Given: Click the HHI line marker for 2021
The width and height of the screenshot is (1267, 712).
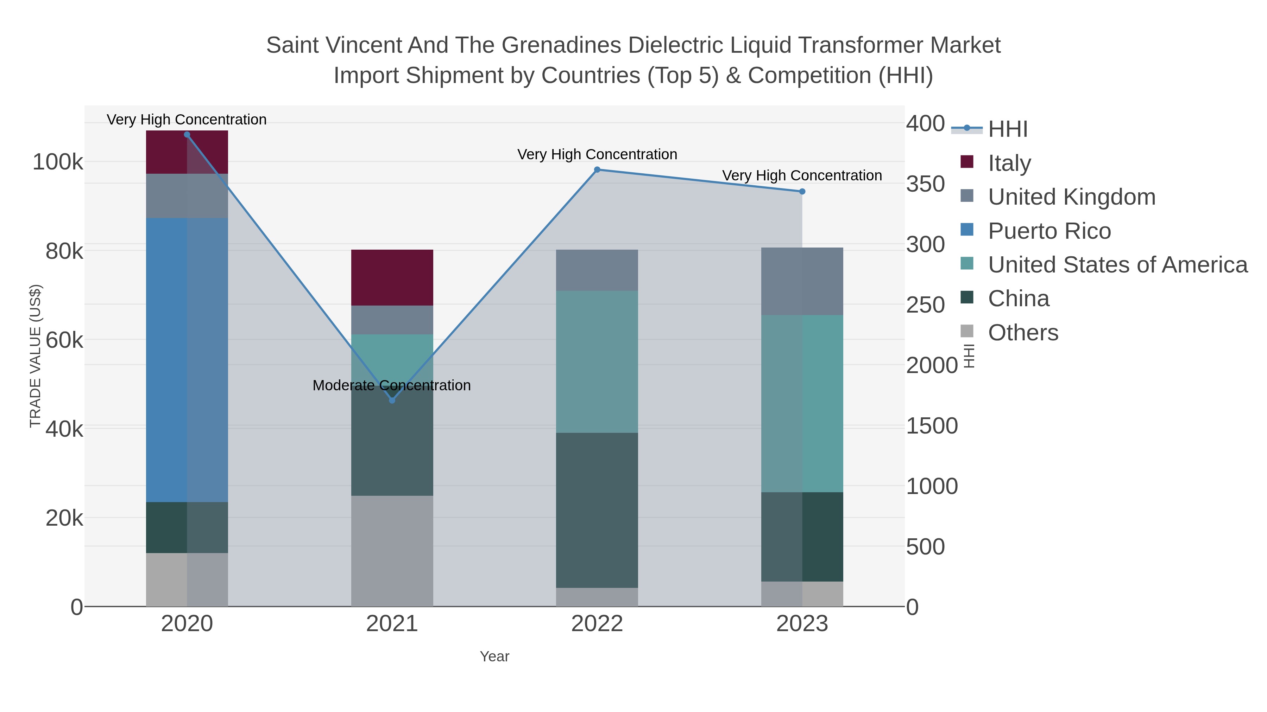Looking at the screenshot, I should pos(392,400).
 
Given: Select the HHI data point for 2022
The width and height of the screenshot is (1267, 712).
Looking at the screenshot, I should pos(597,169).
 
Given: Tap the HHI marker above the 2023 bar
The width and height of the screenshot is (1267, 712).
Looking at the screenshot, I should pos(802,192).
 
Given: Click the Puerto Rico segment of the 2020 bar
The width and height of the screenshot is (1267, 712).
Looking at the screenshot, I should pos(187,360).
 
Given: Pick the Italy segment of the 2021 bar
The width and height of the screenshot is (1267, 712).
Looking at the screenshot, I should pos(392,278).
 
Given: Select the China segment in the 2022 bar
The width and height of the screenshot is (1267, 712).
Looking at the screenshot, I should pos(597,510).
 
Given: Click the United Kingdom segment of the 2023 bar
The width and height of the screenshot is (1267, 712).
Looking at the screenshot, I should pos(802,281).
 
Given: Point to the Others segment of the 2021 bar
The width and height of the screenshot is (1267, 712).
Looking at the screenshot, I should pos(392,550).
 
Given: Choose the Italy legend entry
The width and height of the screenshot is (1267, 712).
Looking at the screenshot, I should pos(1009,163).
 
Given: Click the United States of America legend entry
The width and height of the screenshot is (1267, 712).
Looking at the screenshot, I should pos(1117,265).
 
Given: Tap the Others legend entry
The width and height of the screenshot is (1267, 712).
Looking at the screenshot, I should pos(1023,333).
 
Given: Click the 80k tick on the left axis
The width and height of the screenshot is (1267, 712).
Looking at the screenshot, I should pos(64,252).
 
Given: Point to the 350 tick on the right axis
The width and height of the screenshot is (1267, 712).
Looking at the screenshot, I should pos(925,184).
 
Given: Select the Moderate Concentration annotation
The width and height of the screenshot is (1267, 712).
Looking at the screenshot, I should pos(391,385).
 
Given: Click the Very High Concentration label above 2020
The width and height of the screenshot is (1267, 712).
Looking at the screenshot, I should pos(187,120).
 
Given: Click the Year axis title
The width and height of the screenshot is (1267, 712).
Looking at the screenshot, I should pos(494,656).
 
